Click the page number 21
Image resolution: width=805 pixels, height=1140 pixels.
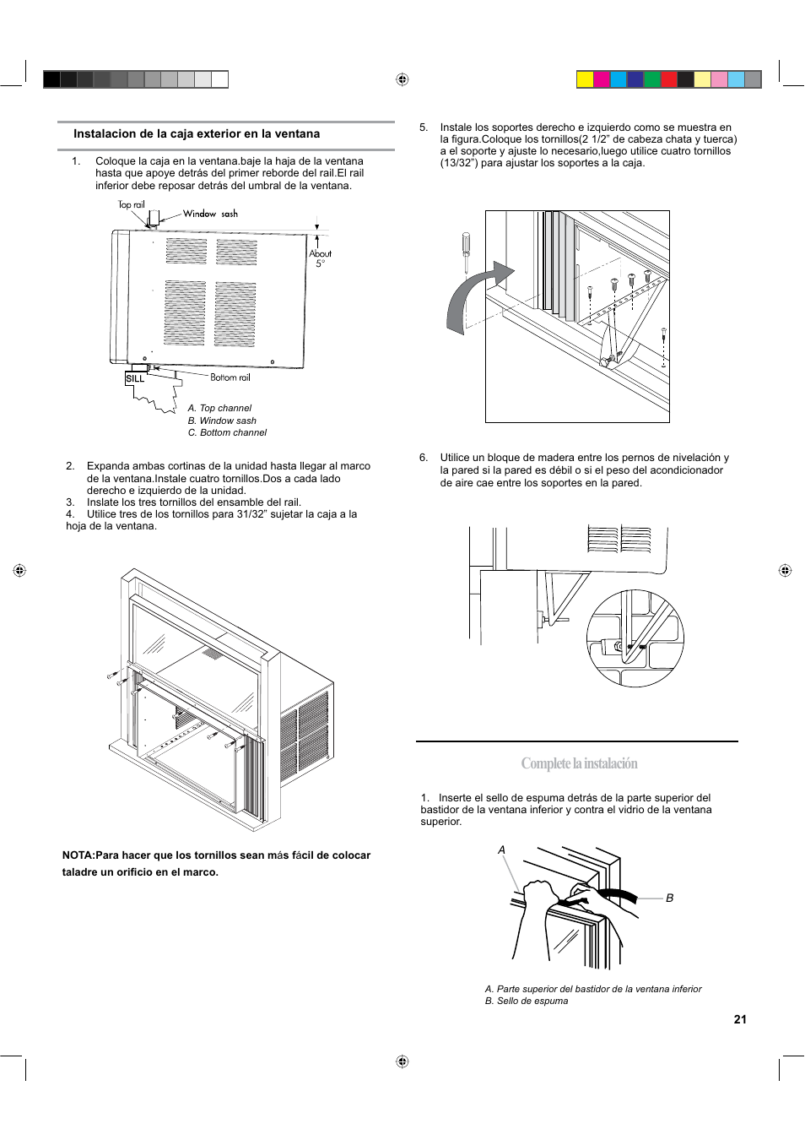tap(740, 1019)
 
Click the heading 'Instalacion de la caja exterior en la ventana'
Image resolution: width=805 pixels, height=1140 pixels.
tap(197, 134)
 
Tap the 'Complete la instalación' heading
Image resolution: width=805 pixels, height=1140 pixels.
tap(579, 763)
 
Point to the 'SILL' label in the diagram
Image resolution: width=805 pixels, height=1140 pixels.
tap(135, 379)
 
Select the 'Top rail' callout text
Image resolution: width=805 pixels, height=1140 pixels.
tap(132, 204)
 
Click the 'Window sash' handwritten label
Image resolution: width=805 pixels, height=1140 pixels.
tap(210, 214)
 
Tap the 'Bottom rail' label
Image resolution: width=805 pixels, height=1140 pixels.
tap(230, 377)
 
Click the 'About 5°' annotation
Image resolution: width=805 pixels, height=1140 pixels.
tap(320, 258)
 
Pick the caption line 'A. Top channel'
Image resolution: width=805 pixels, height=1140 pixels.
tap(219, 408)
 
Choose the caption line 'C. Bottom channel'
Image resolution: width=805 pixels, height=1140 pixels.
tap(227, 432)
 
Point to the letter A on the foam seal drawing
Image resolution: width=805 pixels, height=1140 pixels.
tap(501, 850)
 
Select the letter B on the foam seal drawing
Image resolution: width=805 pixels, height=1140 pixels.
tap(670, 898)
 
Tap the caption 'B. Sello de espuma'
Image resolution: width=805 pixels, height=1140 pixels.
tap(527, 1001)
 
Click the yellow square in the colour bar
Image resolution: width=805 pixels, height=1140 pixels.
tap(585, 79)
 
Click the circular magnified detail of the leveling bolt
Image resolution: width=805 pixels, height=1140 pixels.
tap(635, 638)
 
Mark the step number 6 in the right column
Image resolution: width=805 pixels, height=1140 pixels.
tap(424, 458)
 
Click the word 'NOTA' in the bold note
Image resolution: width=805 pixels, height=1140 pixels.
tap(78, 855)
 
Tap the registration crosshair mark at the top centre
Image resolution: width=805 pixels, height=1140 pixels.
tap(402, 79)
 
